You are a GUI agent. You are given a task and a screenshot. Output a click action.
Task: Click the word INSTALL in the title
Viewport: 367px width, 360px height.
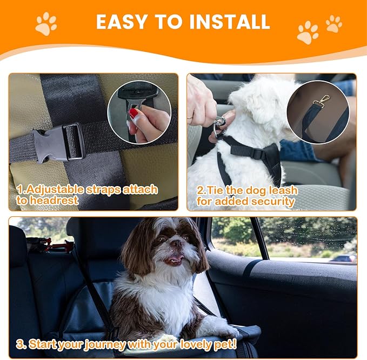tap(228, 22)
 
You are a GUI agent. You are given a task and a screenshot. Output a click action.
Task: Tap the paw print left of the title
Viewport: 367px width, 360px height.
tap(46, 24)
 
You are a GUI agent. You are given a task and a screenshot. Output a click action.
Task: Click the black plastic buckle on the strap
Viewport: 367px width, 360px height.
tap(59, 143)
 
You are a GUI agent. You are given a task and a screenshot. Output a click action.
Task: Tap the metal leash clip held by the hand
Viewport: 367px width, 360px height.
tap(219, 127)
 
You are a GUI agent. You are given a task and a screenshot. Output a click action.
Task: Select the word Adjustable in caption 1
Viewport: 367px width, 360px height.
tap(51, 190)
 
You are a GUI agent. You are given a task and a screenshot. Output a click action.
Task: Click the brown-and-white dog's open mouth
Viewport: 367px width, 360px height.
tap(172, 259)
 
